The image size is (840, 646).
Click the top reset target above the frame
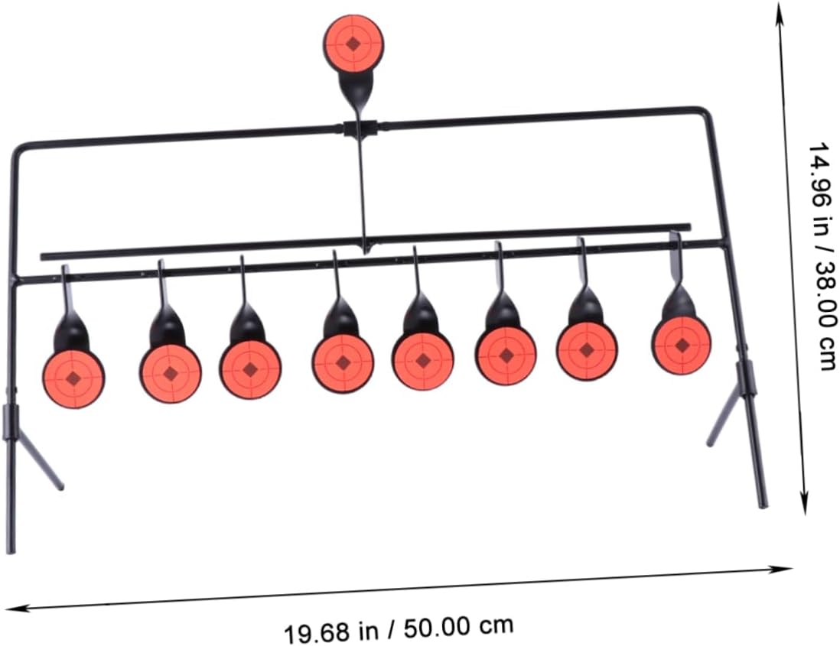coord(353,44)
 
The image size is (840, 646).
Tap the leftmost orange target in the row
coord(73,378)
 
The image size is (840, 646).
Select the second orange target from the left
coord(171,373)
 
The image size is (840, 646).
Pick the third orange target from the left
coord(250,369)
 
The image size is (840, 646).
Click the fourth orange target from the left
coord(343,363)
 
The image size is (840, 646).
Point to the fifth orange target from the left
coord(423,360)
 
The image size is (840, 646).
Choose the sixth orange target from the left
coord(506,355)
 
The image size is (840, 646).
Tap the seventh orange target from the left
coord(587,350)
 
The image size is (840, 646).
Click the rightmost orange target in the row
coord(682,345)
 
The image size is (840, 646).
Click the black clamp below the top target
coord(360,128)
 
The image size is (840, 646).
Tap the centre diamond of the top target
coord(353,44)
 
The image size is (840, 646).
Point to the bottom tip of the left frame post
coord(10,550)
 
